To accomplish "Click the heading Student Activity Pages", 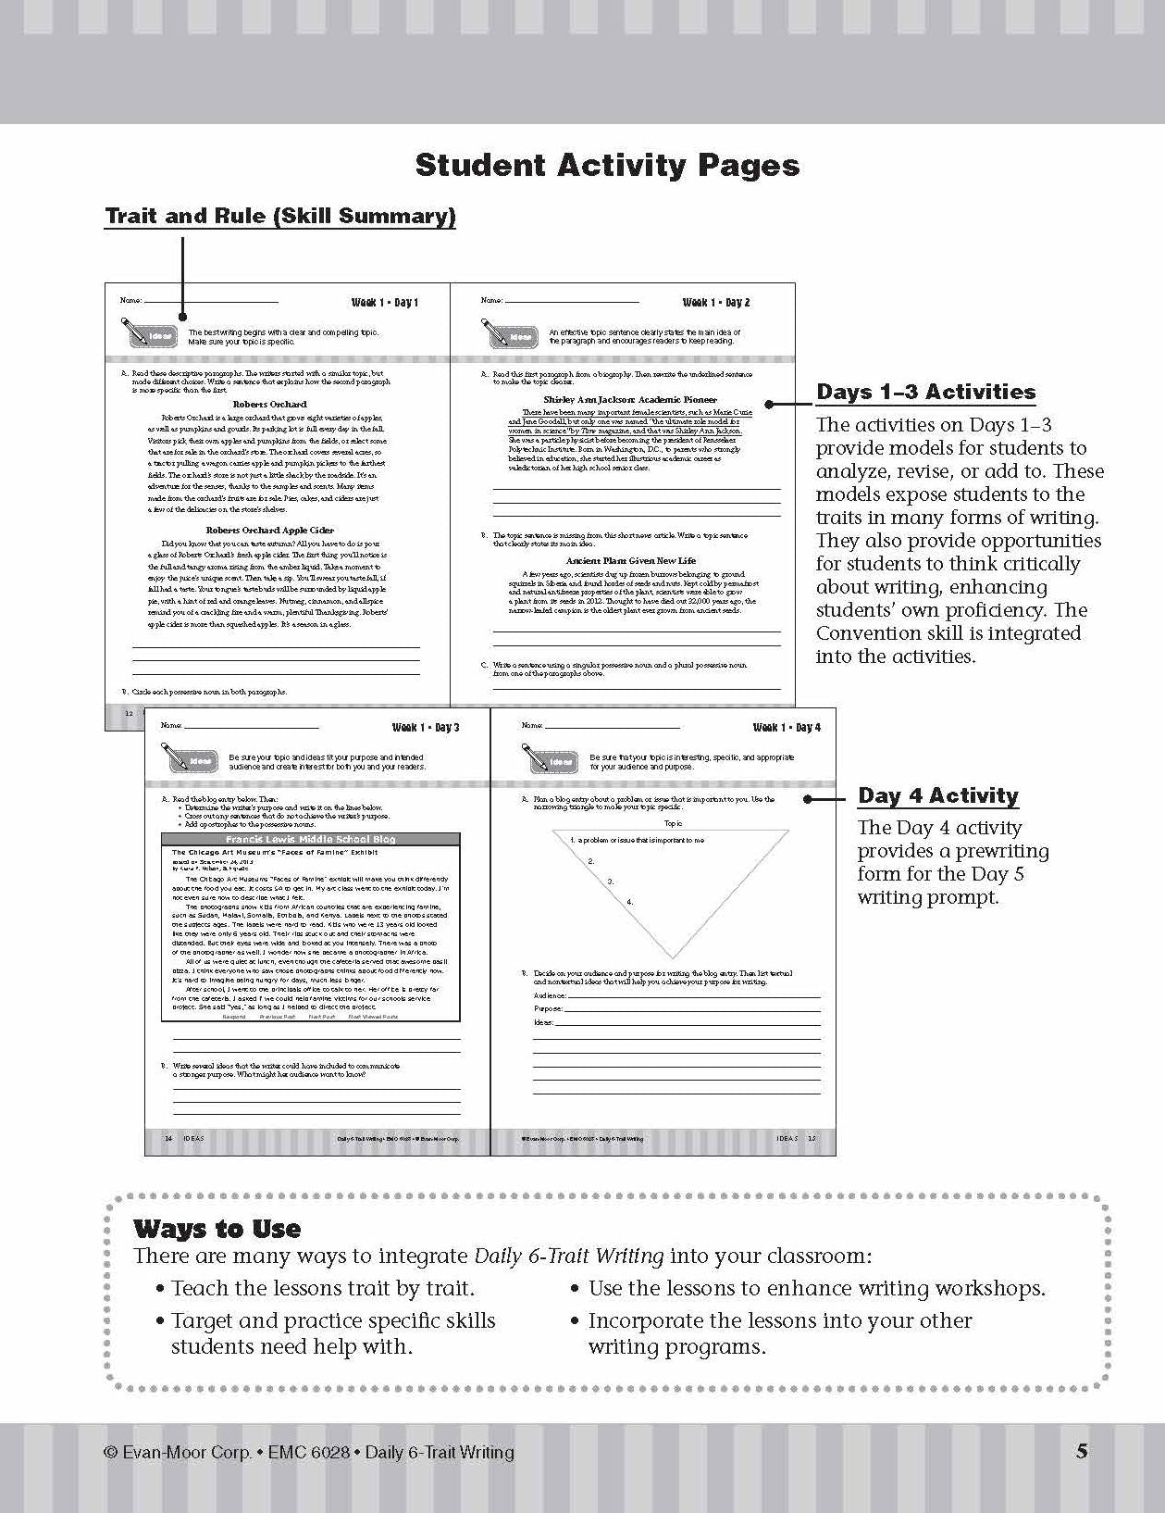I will [607, 165].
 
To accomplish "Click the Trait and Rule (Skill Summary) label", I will [280, 217].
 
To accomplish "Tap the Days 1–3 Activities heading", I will [925, 393].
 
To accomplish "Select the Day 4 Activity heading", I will [937, 796].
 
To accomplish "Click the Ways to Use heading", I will [217, 1230].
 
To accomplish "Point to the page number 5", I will [1082, 1451].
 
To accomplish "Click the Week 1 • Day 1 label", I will [384, 303].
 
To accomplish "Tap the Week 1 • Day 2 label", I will [715, 303].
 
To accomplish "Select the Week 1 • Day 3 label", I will [425, 728].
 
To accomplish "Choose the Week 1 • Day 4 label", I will [787, 728].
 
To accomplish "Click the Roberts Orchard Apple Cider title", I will [269, 531].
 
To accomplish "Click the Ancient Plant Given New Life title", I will [630, 560].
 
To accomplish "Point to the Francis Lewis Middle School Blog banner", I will [311, 839].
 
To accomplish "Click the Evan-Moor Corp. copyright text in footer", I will [309, 1452].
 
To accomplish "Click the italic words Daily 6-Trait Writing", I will [569, 1257].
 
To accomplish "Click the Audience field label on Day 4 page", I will [550, 995].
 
